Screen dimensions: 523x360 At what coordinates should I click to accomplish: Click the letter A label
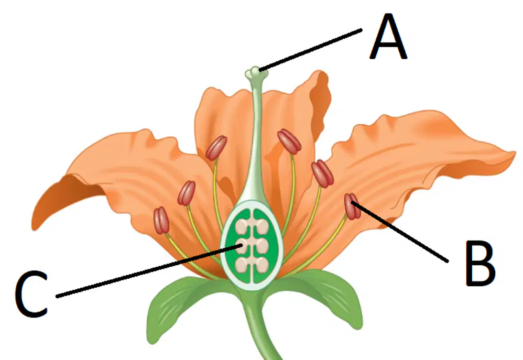[x=388, y=37]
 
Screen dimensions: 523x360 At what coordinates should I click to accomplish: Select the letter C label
[x=31, y=293]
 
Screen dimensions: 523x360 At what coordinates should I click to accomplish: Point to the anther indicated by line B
[x=352, y=206]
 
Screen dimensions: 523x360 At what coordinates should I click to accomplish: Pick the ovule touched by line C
[x=243, y=246]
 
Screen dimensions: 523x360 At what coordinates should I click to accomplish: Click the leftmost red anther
[x=161, y=220]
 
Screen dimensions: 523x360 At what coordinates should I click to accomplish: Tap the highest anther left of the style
[x=216, y=148]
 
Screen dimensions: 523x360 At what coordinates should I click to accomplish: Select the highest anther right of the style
[x=289, y=141]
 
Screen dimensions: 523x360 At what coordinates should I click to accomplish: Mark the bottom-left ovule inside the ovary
[x=243, y=265]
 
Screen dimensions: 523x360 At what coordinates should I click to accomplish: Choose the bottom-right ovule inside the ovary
[x=261, y=265]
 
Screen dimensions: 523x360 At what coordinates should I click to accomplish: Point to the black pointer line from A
[x=310, y=50]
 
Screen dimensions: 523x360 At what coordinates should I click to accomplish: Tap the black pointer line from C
[x=149, y=271]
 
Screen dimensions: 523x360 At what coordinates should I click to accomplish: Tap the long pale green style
[x=256, y=140]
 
